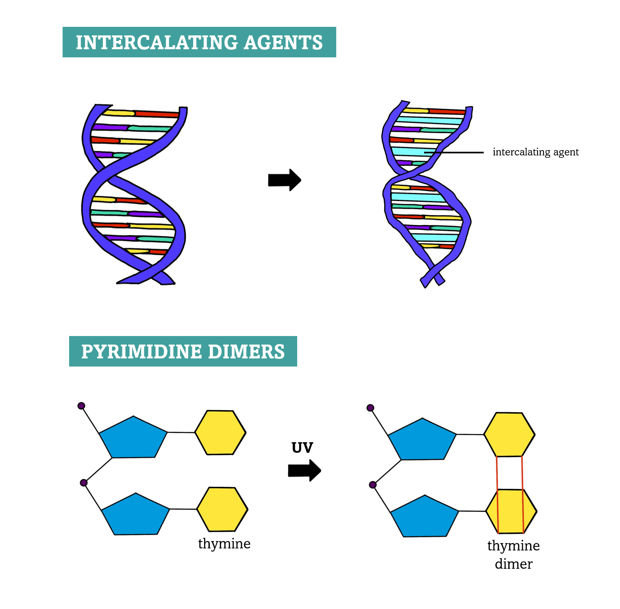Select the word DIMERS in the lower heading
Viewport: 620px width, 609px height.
coord(246,352)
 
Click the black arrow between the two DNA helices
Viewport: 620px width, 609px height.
coord(285,180)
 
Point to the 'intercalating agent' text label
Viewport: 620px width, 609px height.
coord(535,152)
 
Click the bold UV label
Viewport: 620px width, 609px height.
coord(302,448)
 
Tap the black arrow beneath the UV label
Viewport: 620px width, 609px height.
coord(305,470)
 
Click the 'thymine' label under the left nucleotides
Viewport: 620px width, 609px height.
coord(224,544)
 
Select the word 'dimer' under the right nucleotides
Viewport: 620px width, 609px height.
coord(513,564)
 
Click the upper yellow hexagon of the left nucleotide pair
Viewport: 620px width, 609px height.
coord(220,432)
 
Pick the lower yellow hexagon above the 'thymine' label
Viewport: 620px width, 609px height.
coord(222,509)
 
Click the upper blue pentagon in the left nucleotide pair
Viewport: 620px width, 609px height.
coord(133,438)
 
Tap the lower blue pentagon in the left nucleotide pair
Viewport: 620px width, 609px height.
coord(136,515)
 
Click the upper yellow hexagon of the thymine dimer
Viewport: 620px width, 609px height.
coord(509,434)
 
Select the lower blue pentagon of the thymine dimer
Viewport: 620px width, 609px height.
coord(425,517)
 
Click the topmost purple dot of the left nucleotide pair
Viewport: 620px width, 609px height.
coord(81,406)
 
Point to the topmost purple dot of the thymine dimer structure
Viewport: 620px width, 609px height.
coord(370,408)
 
